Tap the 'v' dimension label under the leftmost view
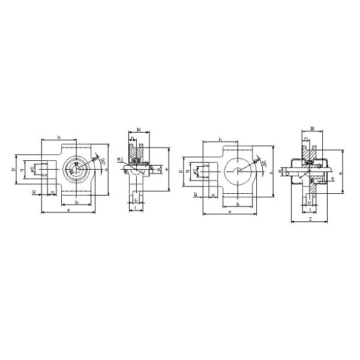point(68,209)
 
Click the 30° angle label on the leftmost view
point(101,161)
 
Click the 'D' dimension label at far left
point(14,170)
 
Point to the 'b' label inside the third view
point(239,204)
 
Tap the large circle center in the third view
point(239,172)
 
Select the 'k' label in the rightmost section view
point(309,203)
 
